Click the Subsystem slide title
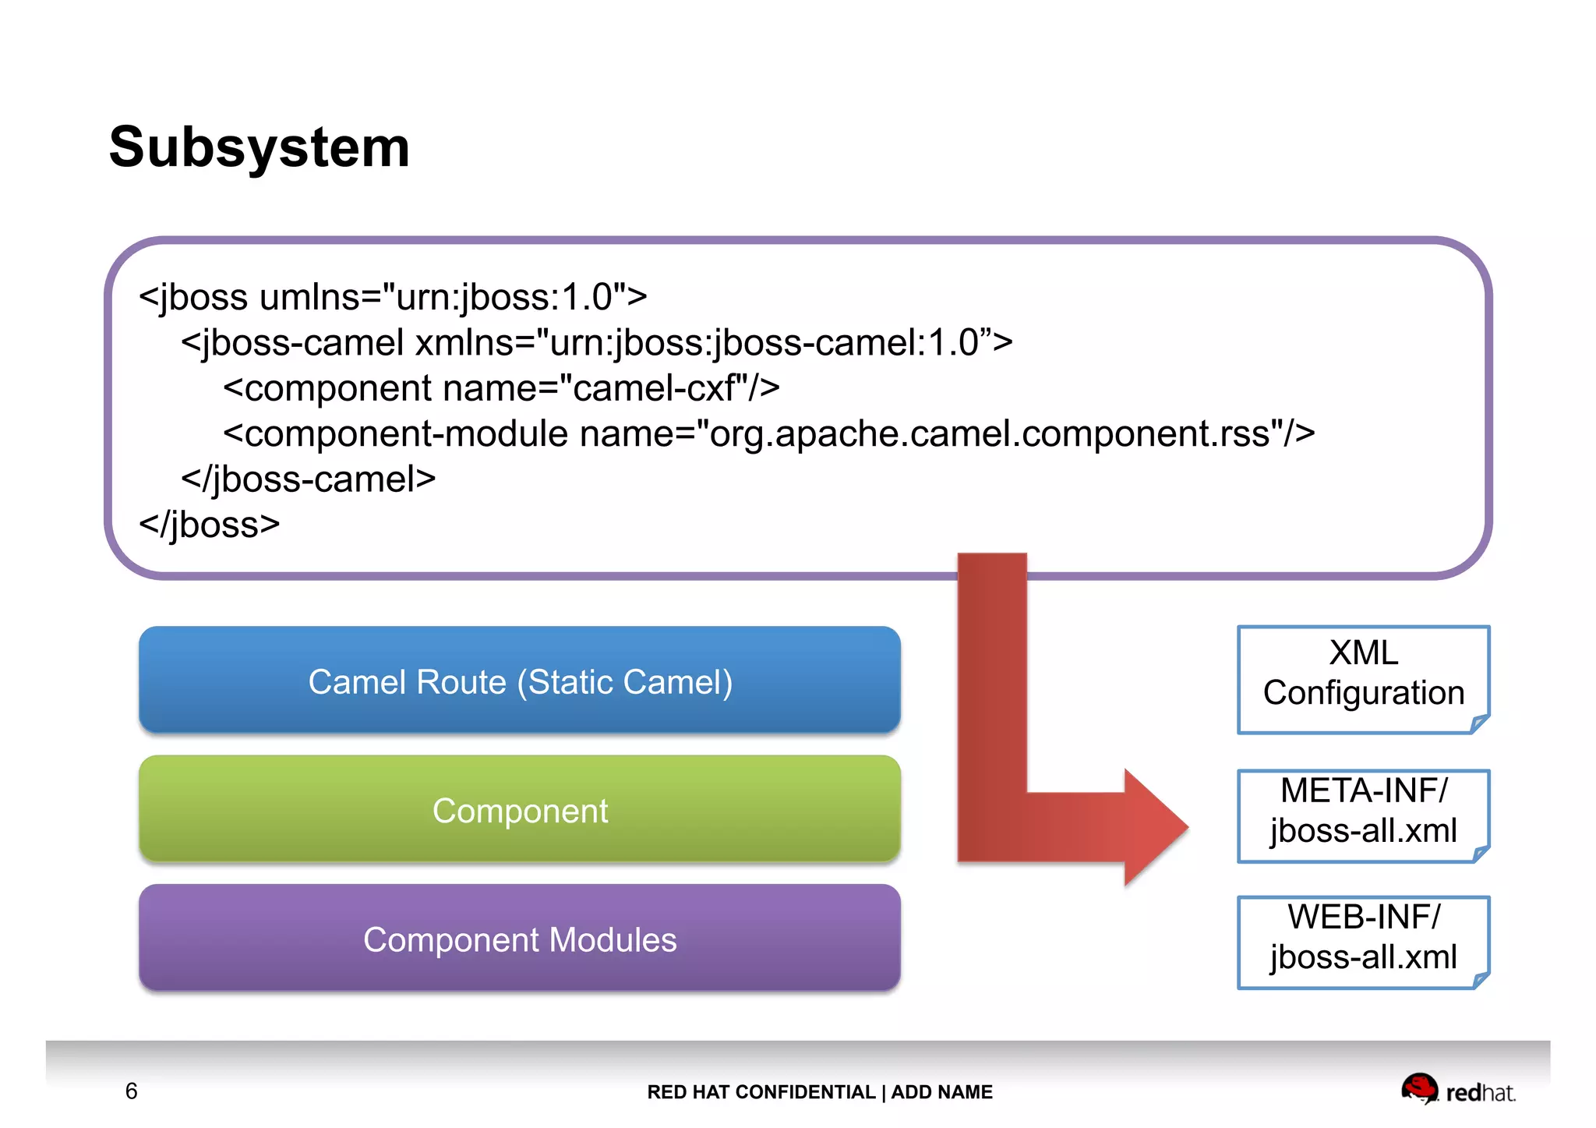point(259,147)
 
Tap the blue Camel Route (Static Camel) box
point(520,681)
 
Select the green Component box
point(520,811)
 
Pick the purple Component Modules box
point(520,939)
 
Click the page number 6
point(131,1091)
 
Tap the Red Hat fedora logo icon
point(1419,1088)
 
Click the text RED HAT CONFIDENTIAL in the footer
point(761,1092)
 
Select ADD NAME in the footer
point(941,1092)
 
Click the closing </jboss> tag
point(209,524)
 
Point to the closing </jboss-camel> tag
point(308,479)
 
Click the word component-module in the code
point(406,433)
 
